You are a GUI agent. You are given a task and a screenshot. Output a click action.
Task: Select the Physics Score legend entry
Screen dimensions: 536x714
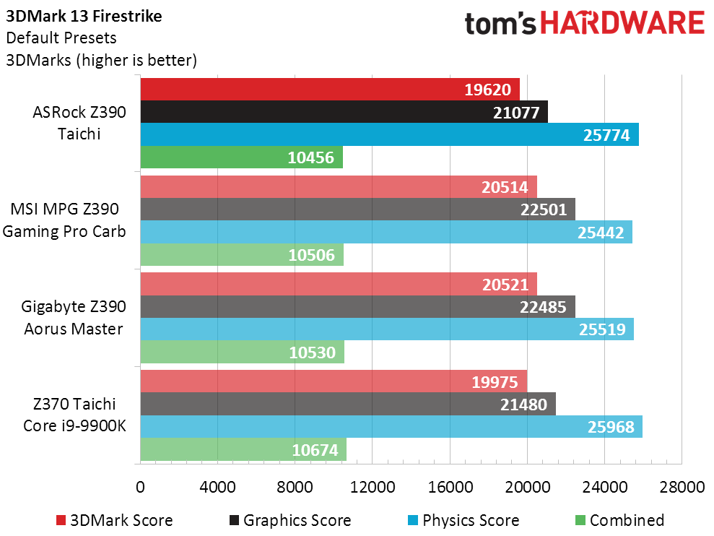[462, 520]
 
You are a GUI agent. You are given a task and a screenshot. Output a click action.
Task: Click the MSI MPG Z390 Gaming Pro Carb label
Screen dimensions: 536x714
[68, 220]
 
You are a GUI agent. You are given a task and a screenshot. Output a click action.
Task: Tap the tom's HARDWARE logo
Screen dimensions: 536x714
[585, 25]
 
